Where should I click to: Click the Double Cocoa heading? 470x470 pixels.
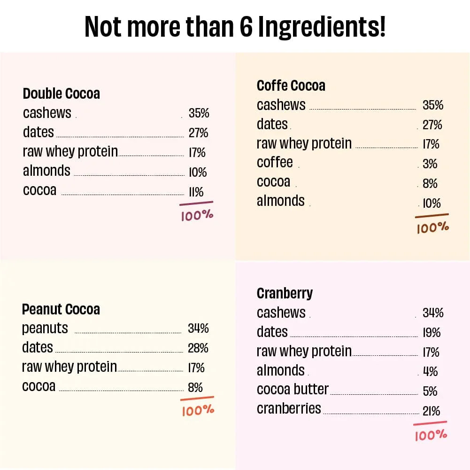pyautogui.click(x=61, y=94)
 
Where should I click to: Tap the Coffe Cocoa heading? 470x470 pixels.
pyautogui.click(x=291, y=86)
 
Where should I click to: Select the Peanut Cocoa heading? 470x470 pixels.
pyautogui.click(x=61, y=309)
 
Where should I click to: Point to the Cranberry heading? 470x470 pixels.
pyautogui.click(x=285, y=293)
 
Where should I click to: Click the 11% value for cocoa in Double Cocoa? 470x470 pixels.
pyautogui.click(x=196, y=192)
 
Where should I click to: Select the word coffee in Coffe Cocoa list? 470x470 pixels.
pyautogui.click(x=275, y=163)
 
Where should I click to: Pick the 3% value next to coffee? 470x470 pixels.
pyautogui.click(x=430, y=164)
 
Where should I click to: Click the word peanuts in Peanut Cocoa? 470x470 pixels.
pyautogui.click(x=45, y=328)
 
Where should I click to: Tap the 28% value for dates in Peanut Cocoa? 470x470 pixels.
pyautogui.click(x=198, y=348)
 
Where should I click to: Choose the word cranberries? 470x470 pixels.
pyautogui.click(x=289, y=408)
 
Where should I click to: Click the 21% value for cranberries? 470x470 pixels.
pyautogui.click(x=431, y=411)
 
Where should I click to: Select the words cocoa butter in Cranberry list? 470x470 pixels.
pyautogui.click(x=293, y=390)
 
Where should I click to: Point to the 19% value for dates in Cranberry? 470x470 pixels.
pyautogui.click(x=431, y=333)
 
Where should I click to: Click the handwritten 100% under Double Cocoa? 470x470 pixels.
pyautogui.click(x=197, y=216)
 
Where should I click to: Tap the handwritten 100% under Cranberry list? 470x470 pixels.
pyautogui.click(x=431, y=435)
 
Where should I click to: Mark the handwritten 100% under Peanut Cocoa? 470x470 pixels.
pyautogui.click(x=198, y=410)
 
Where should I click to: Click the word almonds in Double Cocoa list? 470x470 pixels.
pyautogui.click(x=46, y=171)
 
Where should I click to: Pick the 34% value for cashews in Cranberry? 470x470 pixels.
pyautogui.click(x=433, y=313)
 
